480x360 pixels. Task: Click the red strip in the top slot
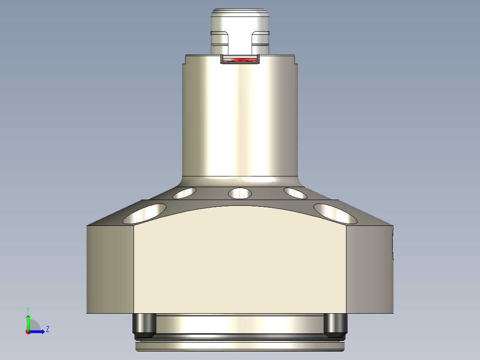click(240, 59)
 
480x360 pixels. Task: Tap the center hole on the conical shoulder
click(240, 193)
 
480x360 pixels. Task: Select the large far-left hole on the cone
click(145, 213)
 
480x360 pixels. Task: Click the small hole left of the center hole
click(184, 193)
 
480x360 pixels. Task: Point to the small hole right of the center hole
click(295, 193)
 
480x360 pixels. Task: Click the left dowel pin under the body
click(144, 325)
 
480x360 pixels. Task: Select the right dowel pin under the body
click(335, 325)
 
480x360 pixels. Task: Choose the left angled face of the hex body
click(110, 270)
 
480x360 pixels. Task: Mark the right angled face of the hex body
click(370, 270)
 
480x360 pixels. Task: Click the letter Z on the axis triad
click(47, 329)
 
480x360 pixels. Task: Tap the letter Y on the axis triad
click(28, 309)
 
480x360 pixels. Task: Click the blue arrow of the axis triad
click(38, 331)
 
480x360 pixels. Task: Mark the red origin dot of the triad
click(28, 332)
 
